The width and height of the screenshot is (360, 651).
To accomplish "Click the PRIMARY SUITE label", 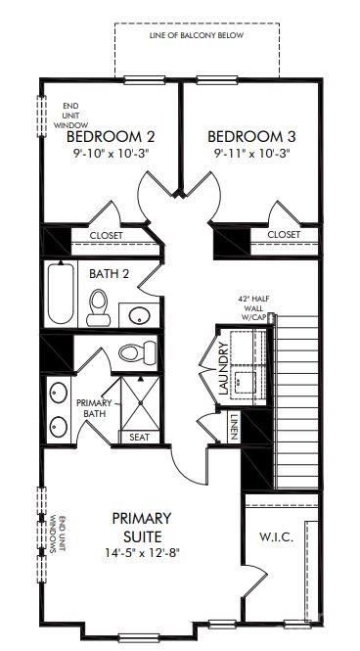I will pyautogui.click(x=142, y=527).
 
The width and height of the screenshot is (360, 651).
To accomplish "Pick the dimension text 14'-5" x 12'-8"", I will pyautogui.click(x=142, y=552).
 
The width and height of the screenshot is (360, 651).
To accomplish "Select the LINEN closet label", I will pyautogui.click(x=235, y=428).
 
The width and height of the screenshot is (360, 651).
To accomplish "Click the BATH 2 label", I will pyautogui.click(x=109, y=274).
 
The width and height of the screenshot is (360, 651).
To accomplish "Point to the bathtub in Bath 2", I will pyautogui.click(x=61, y=293).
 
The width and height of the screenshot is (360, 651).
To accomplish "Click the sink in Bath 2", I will pyautogui.click(x=137, y=315).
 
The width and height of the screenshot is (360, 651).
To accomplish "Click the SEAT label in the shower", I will pyautogui.click(x=139, y=437).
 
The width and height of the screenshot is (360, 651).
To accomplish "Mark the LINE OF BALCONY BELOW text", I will pyautogui.click(x=196, y=35).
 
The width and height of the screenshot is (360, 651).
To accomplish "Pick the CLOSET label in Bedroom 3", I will pyautogui.click(x=283, y=235).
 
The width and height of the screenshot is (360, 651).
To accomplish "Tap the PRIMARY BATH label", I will pyautogui.click(x=95, y=407).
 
